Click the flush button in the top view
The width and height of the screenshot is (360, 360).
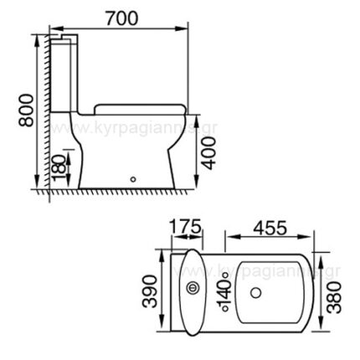pyautogui.click(x=193, y=291)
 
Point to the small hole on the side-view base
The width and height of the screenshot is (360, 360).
pyautogui.click(x=133, y=177)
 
